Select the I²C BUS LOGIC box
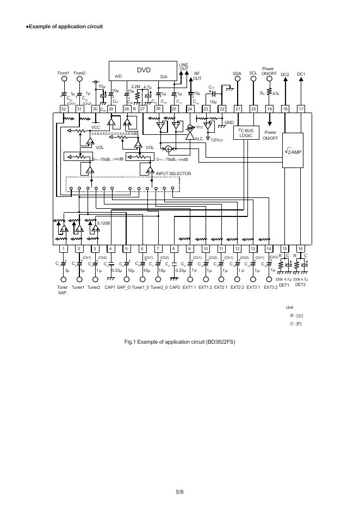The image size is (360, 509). (x=246, y=132)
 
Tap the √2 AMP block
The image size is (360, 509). (x=293, y=152)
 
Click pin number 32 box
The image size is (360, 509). (x=64, y=109)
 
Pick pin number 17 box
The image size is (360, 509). (x=301, y=109)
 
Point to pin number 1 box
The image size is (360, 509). (x=63, y=249)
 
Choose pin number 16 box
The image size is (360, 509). (x=300, y=249)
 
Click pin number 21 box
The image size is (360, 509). (x=238, y=109)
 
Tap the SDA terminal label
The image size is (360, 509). (x=237, y=73)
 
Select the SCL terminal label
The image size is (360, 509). (x=253, y=73)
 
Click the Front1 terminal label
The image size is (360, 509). (x=64, y=73)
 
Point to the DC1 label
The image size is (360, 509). (x=301, y=74)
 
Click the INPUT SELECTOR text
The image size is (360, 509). (x=173, y=173)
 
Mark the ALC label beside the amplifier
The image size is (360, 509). (x=198, y=139)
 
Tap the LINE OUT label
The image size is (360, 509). (x=183, y=67)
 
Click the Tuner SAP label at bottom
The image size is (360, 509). (x=62, y=289)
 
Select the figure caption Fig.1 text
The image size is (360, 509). (x=179, y=342)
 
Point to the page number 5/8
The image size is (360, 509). (x=179, y=492)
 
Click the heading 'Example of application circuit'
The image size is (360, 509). (x=65, y=27)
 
